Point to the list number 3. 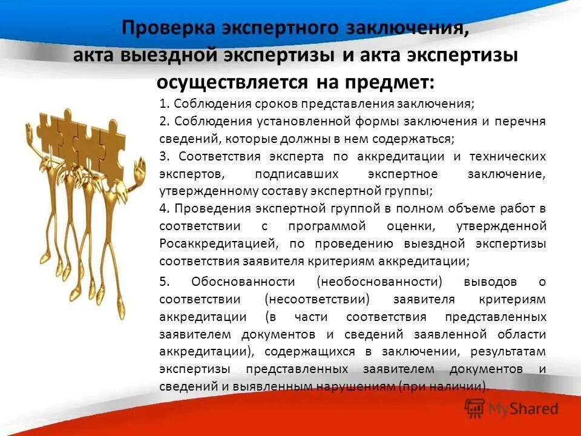163,156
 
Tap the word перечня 524,121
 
